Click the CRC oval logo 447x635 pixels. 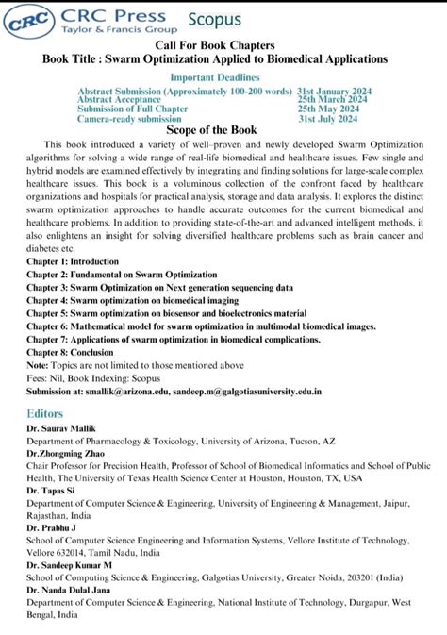click(x=26, y=23)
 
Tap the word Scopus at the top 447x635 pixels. click(x=215, y=20)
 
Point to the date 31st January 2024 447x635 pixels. click(x=334, y=91)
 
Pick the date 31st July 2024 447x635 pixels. click(x=327, y=119)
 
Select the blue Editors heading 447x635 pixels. click(x=45, y=412)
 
